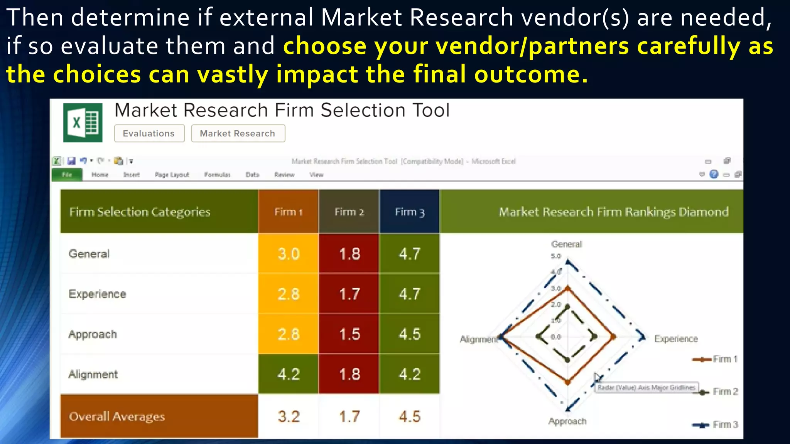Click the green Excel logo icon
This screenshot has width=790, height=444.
click(83, 123)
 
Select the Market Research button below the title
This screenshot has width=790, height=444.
click(238, 133)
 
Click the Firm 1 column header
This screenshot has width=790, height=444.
click(288, 212)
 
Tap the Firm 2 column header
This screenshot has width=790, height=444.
click(349, 212)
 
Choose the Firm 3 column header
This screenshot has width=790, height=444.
click(410, 212)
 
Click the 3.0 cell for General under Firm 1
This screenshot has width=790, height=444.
click(289, 254)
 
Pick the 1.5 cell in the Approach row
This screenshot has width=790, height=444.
click(349, 334)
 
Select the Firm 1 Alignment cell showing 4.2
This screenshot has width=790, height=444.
click(289, 374)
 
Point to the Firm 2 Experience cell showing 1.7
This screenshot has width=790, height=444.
click(349, 294)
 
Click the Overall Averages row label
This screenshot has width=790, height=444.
click(117, 417)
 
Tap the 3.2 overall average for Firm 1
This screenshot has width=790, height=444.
click(289, 417)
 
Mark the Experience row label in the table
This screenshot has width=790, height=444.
click(97, 294)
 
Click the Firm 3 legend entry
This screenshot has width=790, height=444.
click(716, 425)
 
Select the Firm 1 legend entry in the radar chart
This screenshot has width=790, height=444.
click(716, 359)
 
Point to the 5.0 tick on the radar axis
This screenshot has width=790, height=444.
click(556, 256)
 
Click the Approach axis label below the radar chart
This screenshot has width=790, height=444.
click(567, 421)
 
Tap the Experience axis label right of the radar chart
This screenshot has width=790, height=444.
click(676, 339)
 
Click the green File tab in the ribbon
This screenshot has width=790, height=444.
click(67, 175)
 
